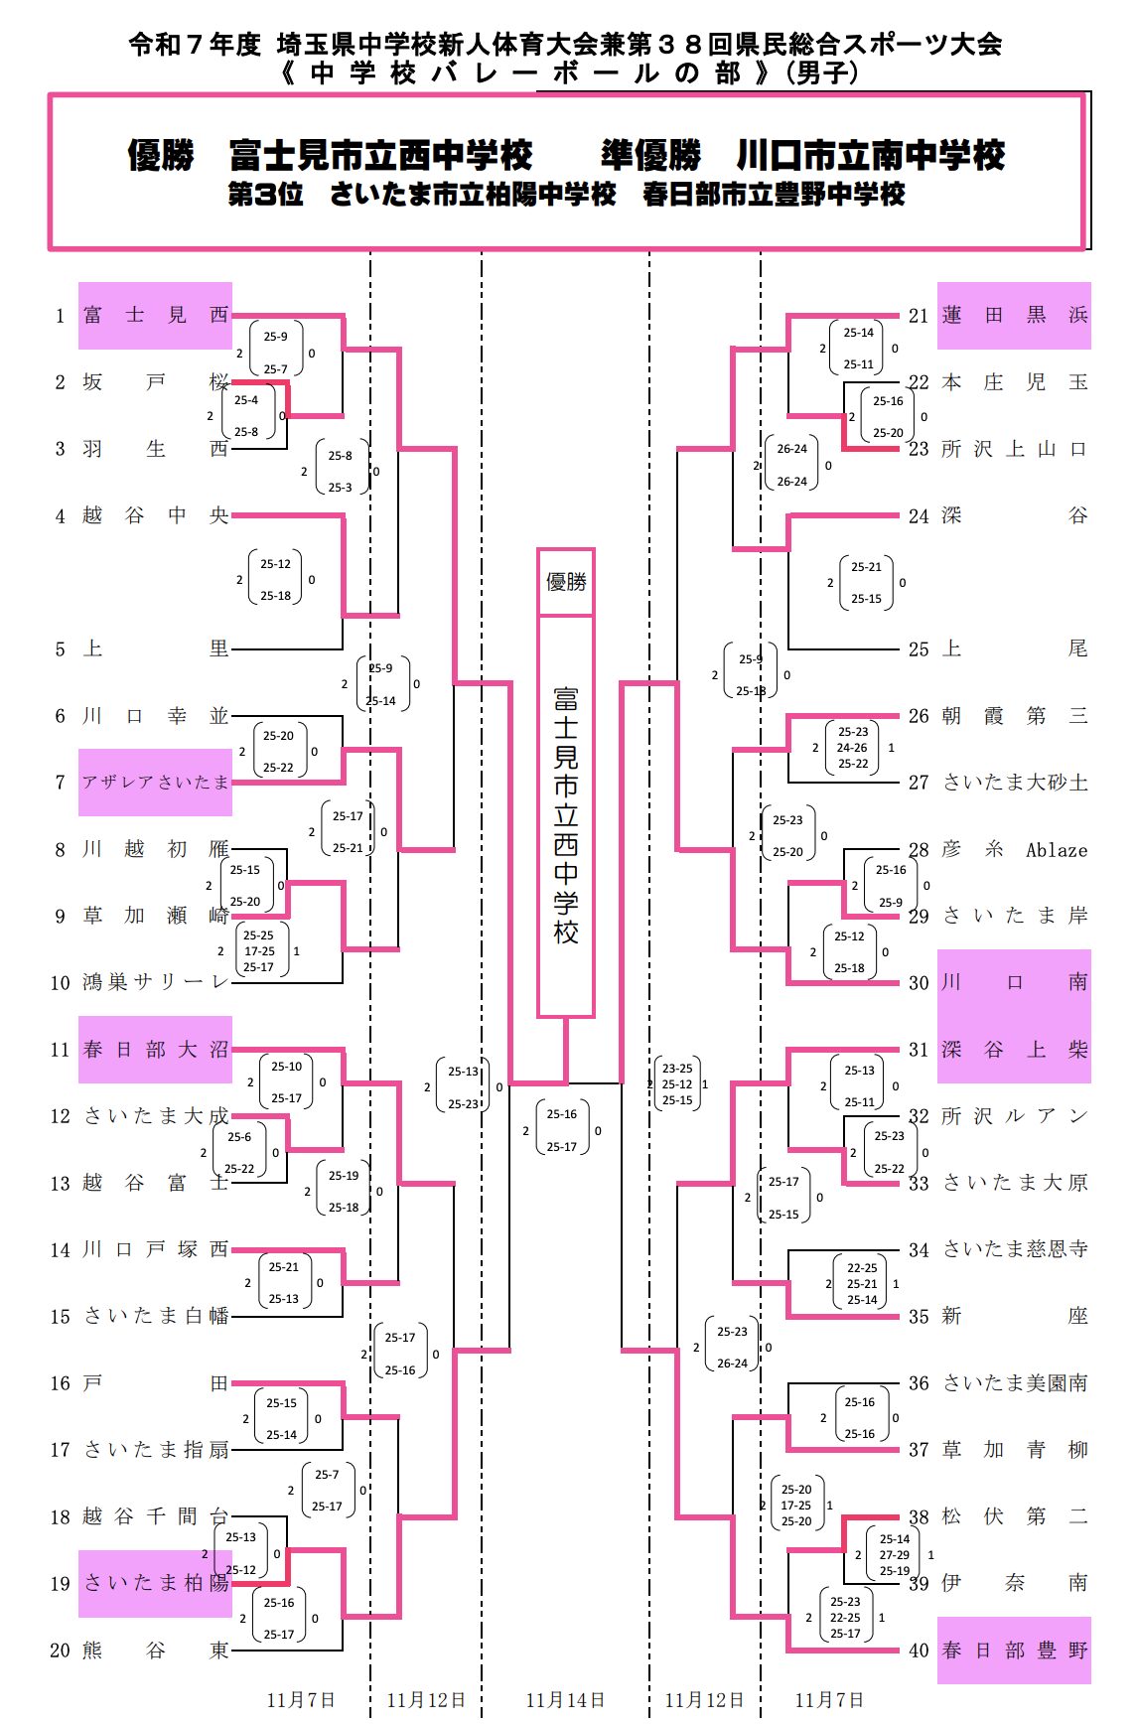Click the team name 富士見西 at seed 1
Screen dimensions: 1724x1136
click(x=156, y=316)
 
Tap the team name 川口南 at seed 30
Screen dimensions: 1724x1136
click(x=1014, y=982)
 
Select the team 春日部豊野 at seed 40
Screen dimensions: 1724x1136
click(x=1014, y=1651)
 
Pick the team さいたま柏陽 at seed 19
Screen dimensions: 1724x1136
click(x=156, y=1583)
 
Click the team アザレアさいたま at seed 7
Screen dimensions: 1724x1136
click(x=156, y=783)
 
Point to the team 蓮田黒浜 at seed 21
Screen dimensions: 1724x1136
click(x=1014, y=316)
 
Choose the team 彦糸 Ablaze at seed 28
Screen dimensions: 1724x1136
click(x=1014, y=850)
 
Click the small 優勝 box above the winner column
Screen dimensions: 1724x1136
click(x=566, y=582)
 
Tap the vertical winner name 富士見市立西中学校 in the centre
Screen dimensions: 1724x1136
click(x=566, y=814)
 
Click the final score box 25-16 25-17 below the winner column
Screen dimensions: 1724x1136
click(x=562, y=1130)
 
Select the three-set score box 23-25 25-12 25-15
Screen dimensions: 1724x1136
click(x=677, y=1084)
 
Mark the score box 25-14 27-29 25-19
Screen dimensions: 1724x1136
click(x=894, y=1555)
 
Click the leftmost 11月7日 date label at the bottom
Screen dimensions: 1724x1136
click(x=301, y=1700)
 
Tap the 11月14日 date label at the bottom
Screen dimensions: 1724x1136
click(x=565, y=1700)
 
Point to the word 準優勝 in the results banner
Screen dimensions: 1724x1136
click(x=651, y=156)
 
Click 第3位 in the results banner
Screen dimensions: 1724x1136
click(x=265, y=195)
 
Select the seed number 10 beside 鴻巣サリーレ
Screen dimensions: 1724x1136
click(x=61, y=983)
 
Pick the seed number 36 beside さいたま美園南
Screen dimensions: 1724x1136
click(x=919, y=1383)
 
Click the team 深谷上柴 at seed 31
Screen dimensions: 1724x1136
click(x=1014, y=1050)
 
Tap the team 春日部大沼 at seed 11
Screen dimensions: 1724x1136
click(x=156, y=1050)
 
